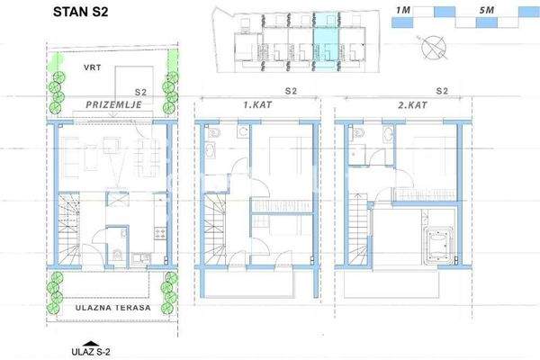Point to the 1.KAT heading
pos(257,105)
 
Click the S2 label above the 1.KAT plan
pos(290,91)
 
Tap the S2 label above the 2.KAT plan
pos(441,91)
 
